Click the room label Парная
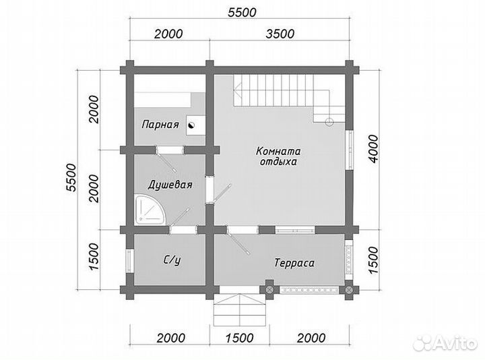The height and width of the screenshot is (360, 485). click(160, 125)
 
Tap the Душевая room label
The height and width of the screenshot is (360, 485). click(170, 185)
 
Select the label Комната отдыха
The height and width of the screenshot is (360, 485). click(278, 156)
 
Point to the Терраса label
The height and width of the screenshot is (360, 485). click(294, 263)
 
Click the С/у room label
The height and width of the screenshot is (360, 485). click(172, 260)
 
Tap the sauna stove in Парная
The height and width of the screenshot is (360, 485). click(196, 125)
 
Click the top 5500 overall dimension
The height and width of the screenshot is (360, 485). click(243, 12)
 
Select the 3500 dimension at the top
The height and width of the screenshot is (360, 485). click(280, 34)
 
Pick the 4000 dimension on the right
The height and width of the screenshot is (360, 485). click(373, 149)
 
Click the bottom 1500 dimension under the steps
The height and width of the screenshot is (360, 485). click(239, 338)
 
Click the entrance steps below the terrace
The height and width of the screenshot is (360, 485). click(240, 309)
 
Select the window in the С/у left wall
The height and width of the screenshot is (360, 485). click(129, 261)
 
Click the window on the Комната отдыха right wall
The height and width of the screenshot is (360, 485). click(349, 150)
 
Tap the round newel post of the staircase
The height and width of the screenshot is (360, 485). click(329, 121)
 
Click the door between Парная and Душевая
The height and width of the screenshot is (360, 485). click(170, 150)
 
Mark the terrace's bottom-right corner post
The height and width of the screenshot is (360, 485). click(349, 290)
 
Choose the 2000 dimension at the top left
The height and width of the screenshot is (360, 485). click(168, 34)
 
